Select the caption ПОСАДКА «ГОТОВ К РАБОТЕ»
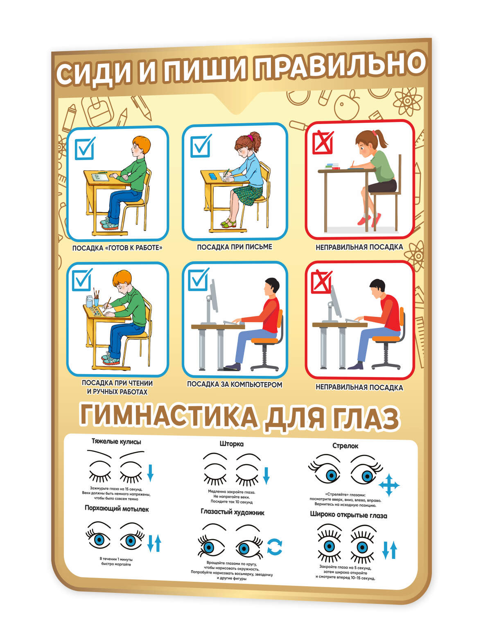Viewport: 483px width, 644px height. pyautogui.click(x=117, y=248)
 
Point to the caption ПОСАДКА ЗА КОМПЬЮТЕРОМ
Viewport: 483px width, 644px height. pyautogui.click(x=235, y=384)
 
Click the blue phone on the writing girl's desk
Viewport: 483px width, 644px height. pyautogui.click(x=212, y=176)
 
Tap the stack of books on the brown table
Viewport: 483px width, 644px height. pyautogui.click(x=332, y=166)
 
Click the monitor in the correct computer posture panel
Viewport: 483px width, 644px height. pyautogui.click(x=214, y=296)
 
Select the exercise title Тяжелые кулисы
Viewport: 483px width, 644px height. pyautogui.click(x=116, y=441)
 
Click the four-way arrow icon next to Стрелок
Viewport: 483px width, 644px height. pyautogui.click(x=389, y=485)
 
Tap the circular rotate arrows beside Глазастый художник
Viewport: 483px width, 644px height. pyautogui.click(x=275, y=547)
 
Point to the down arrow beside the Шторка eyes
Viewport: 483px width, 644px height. pyautogui.click(x=266, y=476)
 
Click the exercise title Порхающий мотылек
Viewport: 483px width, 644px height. pyautogui.click(x=117, y=509)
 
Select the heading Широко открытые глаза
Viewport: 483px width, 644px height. pyautogui.click(x=349, y=515)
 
